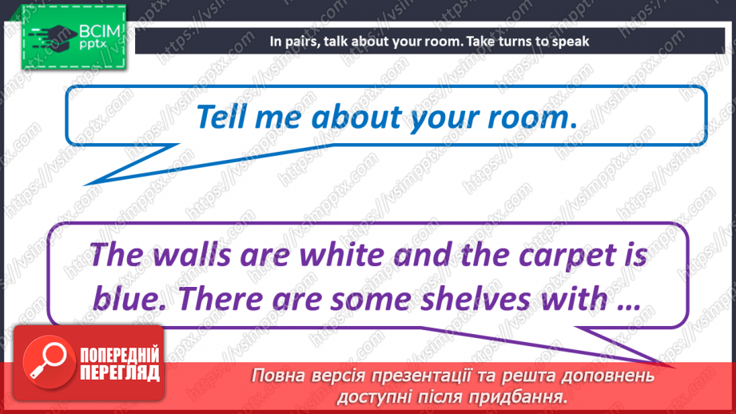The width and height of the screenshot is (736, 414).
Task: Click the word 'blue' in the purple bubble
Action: point(129,298)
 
